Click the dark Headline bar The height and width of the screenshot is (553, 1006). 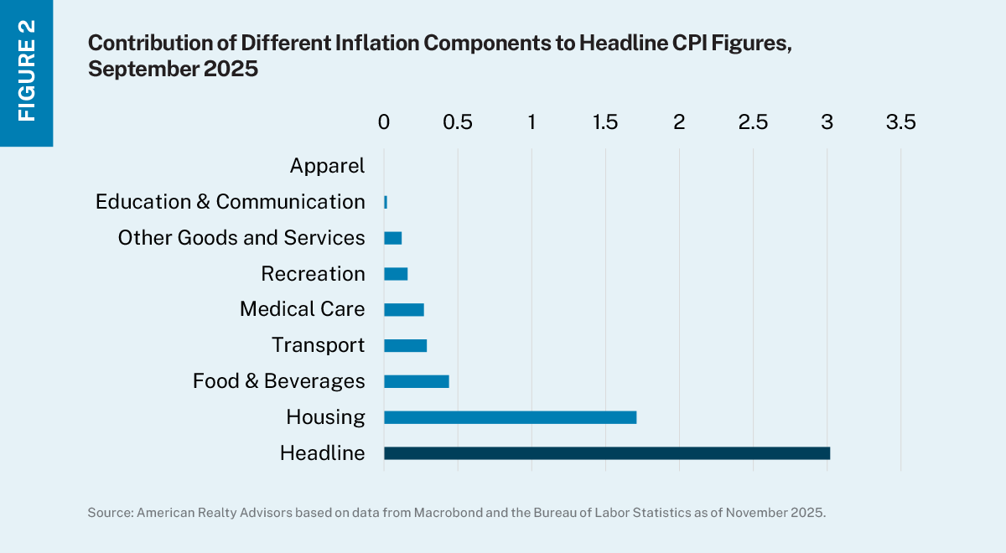pos(606,453)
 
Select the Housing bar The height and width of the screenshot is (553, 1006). pos(510,417)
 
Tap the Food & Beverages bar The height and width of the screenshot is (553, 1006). pos(416,381)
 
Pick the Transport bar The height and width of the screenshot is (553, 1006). pos(405,345)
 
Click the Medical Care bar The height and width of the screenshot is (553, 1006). pos(403,309)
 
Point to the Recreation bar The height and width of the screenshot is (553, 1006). pos(395,273)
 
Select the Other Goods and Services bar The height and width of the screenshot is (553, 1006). pos(392,238)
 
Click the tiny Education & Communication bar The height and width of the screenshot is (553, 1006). pos(386,202)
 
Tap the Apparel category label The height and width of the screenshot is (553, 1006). pos(327,166)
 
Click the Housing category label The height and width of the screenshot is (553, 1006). pos(325,417)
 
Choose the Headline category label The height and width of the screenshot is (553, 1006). pos(322,453)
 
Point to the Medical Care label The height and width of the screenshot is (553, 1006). pos(302,309)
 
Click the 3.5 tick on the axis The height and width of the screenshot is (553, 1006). pos(900,122)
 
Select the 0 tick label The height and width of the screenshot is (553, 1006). pos(384,122)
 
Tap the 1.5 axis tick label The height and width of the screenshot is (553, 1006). pos(605,122)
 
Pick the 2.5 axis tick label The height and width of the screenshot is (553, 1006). pos(753,122)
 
